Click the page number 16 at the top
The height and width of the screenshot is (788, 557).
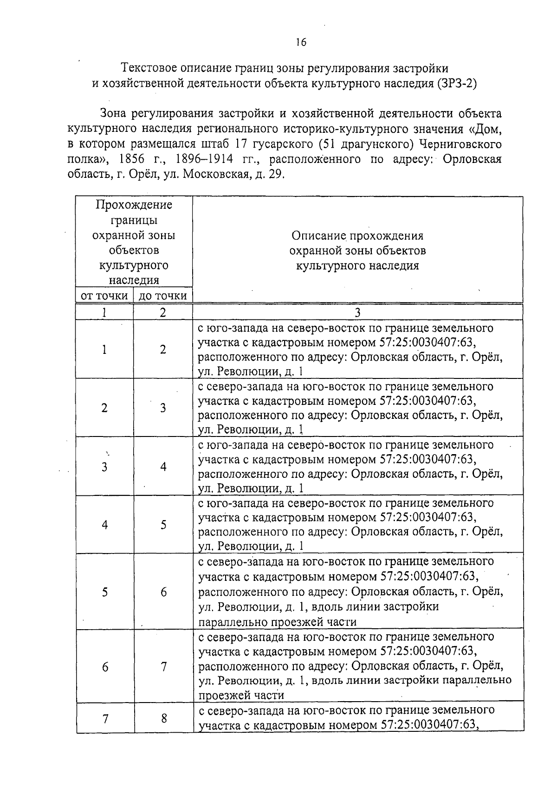(301, 42)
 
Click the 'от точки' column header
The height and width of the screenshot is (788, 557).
(104, 296)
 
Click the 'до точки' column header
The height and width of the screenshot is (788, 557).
(163, 296)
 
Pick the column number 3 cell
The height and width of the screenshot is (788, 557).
(357, 313)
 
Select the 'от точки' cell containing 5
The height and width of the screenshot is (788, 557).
(105, 592)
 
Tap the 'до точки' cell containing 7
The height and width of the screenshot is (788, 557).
(163, 667)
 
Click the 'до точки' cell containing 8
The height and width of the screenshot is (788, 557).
(164, 718)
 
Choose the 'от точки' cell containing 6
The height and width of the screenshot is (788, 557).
(105, 667)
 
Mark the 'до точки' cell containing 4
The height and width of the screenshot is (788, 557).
(163, 467)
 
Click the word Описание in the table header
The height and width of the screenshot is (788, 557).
(319, 236)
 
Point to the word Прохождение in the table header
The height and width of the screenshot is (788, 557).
(134, 205)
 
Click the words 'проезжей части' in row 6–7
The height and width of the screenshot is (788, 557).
(241, 695)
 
